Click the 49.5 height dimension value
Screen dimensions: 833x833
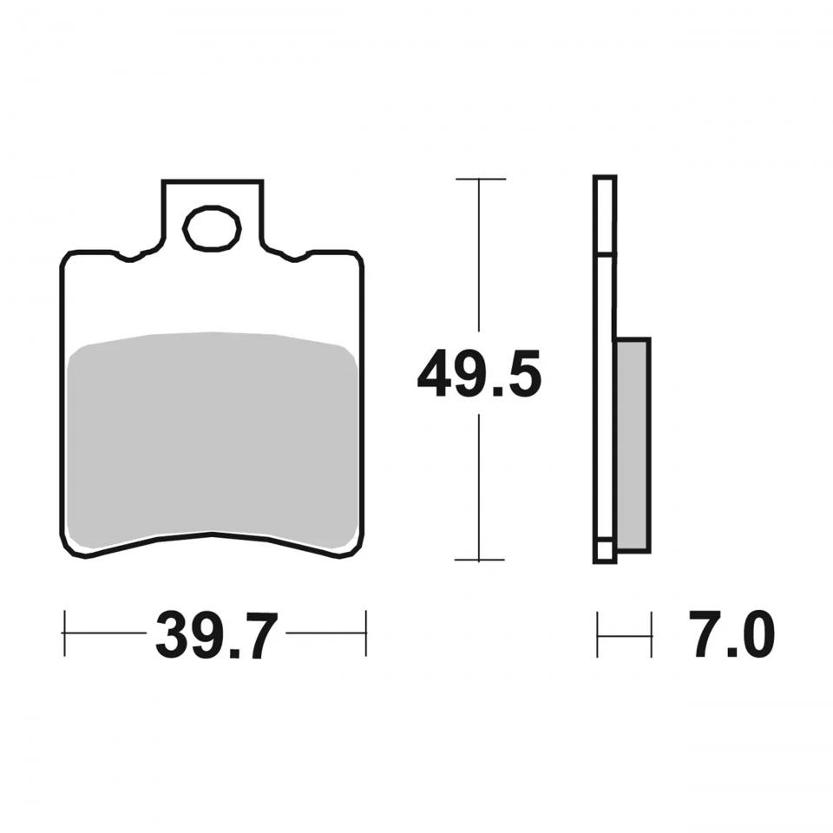[x=479, y=373]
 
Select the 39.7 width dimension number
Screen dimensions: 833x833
[x=217, y=635]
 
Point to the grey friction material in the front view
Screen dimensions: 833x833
[x=213, y=440]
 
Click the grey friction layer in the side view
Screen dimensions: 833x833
[x=633, y=444]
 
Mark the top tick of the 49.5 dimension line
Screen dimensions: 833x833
[x=481, y=179]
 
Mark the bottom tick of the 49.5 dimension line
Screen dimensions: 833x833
[x=479, y=560]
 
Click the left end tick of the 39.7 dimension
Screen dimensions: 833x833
[x=64, y=633]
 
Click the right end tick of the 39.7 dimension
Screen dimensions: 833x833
[x=366, y=633]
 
